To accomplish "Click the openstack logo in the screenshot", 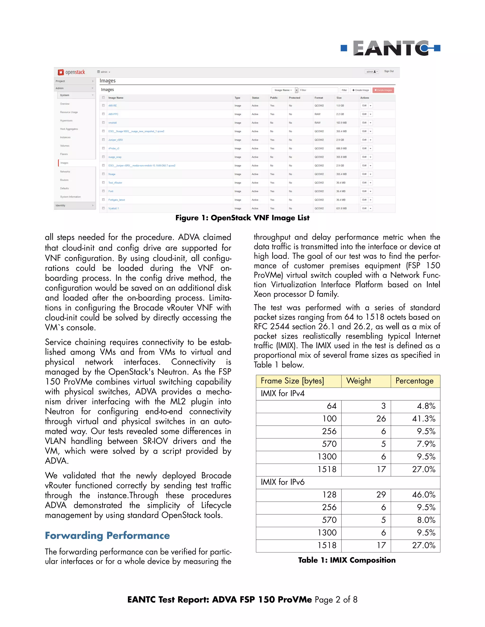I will (x=72, y=72).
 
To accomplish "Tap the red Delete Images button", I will (x=383, y=90).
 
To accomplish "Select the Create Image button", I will (x=361, y=90).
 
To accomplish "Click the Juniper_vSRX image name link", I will (x=116, y=140).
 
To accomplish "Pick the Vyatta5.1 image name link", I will (x=113, y=208).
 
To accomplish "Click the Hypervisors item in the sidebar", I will (x=66, y=121).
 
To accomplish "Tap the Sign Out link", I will (x=389, y=71).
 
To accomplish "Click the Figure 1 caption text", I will (x=242, y=218).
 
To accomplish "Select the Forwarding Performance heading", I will (x=107, y=535).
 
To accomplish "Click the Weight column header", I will (x=359, y=381).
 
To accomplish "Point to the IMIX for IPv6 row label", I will (x=283, y=482).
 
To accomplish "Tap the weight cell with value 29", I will (x=381, y=495).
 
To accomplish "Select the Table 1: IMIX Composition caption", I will (x=347, y=560).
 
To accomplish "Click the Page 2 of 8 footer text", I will (x=336, y=600).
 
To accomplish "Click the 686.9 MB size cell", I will (x=341, y=148).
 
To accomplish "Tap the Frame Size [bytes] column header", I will (x=292, y=381).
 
